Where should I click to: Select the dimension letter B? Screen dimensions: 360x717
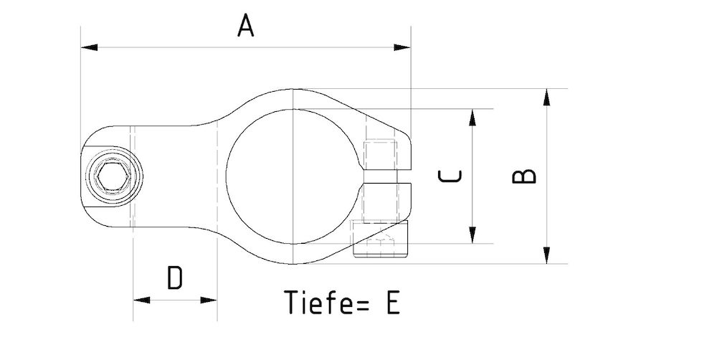tap(525, 176)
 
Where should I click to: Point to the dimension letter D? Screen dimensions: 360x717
tap(175, 278)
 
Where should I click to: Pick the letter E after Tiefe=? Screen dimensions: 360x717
tap(391, 303)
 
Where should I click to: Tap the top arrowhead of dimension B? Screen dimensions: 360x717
tap(547, 97)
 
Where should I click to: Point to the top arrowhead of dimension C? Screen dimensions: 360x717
tap(473, 118)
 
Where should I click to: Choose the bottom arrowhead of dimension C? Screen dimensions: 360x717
tap(473, 235)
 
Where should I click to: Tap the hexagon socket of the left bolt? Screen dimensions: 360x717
tap(112, 176)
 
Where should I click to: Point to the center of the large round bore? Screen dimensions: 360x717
tap(293, 176)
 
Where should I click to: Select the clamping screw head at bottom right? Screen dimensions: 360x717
tap(380, 239)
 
